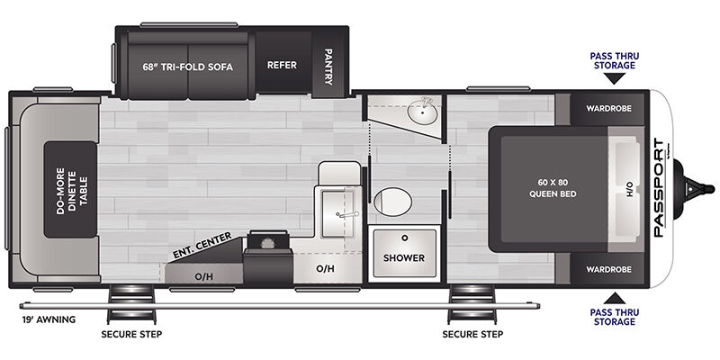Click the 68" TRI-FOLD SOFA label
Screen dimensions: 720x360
pyautogui.click(x=188, y=67)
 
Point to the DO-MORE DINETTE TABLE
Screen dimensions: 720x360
pyautogui.click(x=71, y=190)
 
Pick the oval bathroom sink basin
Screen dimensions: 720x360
pyautogui.click(x=422, y=111)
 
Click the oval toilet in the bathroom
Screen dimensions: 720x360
pyautogui.click(x=392, y=202)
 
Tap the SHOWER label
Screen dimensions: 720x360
pyautogui.click(x=404, y=258)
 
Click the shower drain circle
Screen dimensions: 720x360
pyautogui.click(x=404, y=238)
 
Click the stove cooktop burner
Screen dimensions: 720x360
pyautogui.click(x=267, y=242)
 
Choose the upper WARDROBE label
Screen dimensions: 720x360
pyautogui.click(x=608, y=109)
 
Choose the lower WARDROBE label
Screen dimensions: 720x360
pyautogui.click(x=608, y=269)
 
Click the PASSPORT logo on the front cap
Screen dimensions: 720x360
pyautogui.click(x=660, y=187)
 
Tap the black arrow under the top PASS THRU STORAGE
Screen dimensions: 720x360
pyautogui.click(x=615, y=78)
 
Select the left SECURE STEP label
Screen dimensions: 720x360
pyautogui.click(x=131, y=334)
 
